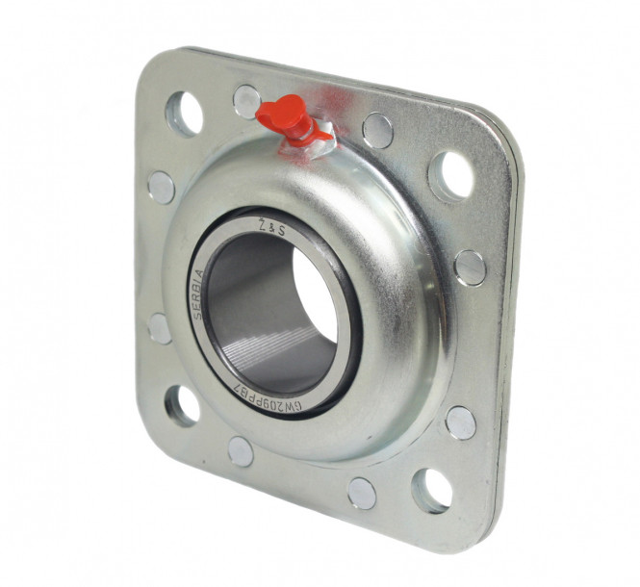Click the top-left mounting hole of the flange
click(x=184, y=114)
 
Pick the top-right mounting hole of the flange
click(x=449, y=174)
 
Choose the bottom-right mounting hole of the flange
click(x=431, y=489)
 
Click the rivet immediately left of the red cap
click(x=246, y=100)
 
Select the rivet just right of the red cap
click(x=376, y=130)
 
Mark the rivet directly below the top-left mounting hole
click(x=161, y=188)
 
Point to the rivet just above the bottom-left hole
click(x=161, y=328)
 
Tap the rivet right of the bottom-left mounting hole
click(x=241, y=451)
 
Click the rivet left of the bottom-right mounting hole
click(x=362, y=492)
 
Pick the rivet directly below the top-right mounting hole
click(x=470, y=267)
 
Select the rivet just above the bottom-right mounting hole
click(x=460, y=421)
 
